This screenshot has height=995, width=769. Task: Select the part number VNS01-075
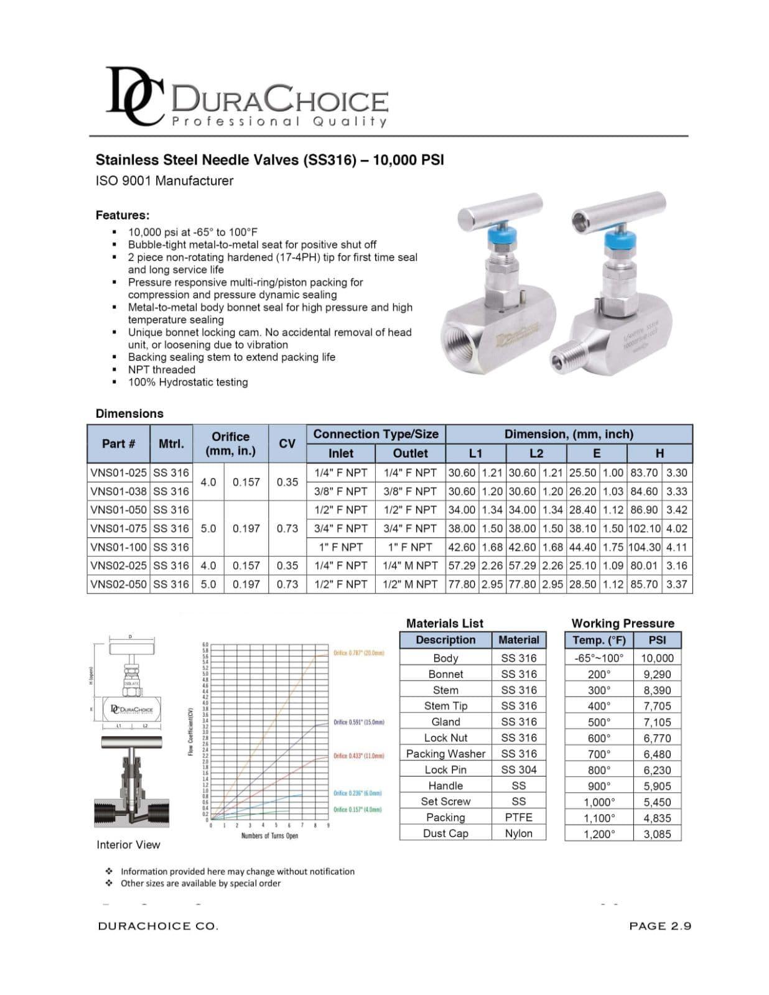tap(119, 529)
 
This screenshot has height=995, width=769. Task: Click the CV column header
tap(287, 443)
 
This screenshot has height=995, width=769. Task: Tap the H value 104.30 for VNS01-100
tap(645, 547)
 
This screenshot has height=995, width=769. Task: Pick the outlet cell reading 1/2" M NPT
tap(410, 585)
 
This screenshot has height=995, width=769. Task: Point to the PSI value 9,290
tap(657, 674)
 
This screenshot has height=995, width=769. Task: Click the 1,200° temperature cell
tap(599, 834)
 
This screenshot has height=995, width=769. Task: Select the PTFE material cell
tap(518, 817)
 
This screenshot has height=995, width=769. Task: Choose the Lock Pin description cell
tap(445, 769)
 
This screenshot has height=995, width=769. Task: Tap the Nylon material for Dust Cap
tap(518, 833)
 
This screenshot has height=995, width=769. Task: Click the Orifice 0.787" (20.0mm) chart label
tap(358, 653)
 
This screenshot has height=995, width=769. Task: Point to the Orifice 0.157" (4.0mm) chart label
tap(357, 810)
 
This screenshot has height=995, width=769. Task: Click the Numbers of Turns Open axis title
tap(269, 836)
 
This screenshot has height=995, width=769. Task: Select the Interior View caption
tap(128, 845)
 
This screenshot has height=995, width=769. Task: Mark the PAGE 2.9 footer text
tap(659, 926)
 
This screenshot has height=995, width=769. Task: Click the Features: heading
tap(123, 215)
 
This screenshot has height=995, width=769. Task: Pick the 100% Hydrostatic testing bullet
tap(188, 382)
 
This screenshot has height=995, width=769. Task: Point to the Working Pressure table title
tap(622, 623)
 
